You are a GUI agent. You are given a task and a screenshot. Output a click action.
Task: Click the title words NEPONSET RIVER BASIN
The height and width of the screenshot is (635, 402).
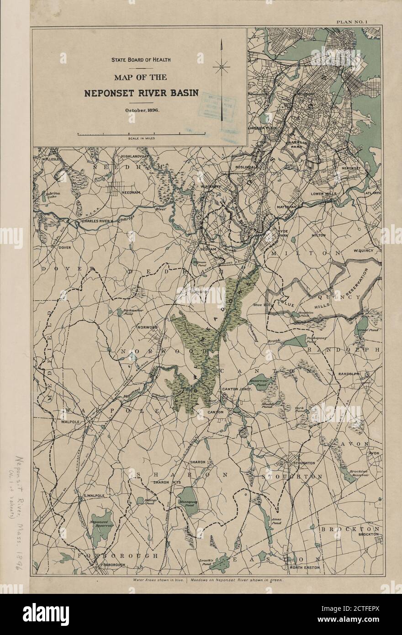coord(141,93)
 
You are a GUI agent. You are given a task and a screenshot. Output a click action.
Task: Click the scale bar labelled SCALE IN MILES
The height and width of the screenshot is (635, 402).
coord(141,134)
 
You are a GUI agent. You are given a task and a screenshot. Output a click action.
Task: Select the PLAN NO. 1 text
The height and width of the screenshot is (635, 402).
coord(355,21)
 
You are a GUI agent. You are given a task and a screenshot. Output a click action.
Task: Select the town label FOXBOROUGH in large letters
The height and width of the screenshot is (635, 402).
coord(117,556)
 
